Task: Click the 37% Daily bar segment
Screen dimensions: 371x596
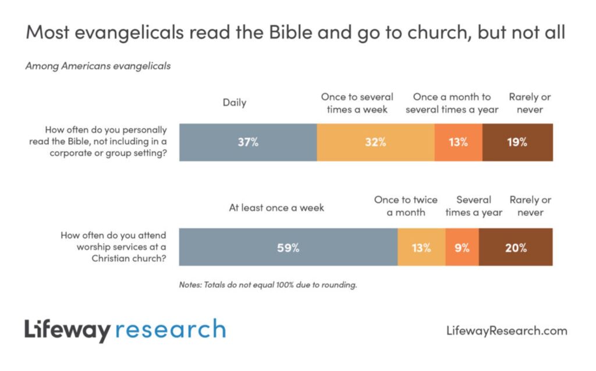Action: point(248,142)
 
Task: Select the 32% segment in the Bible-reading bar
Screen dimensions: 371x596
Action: point(375,142)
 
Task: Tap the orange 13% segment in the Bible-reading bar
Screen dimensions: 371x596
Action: point(458,142)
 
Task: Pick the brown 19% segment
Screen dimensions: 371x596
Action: point(517,142)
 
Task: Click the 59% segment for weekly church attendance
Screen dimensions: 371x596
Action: point(288,248)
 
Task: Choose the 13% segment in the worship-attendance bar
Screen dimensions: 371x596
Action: point(421,248)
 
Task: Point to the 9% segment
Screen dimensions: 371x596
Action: point(462,248)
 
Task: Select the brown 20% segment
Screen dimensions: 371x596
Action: point(516,248)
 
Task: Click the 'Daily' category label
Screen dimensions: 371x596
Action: point(235,103)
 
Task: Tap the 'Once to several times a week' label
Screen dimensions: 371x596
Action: point(357,103)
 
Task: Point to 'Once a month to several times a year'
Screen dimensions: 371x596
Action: point(452,103)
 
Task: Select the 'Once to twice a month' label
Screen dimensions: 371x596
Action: point(406,206)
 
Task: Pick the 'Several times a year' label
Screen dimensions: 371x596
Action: point(474,206)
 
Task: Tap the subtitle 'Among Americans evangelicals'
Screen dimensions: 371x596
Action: point(98,66)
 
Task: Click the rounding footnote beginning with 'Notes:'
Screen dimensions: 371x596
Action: point(268,286)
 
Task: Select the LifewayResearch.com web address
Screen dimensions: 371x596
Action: point(506,331)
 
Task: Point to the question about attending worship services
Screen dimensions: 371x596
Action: point(113,247)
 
